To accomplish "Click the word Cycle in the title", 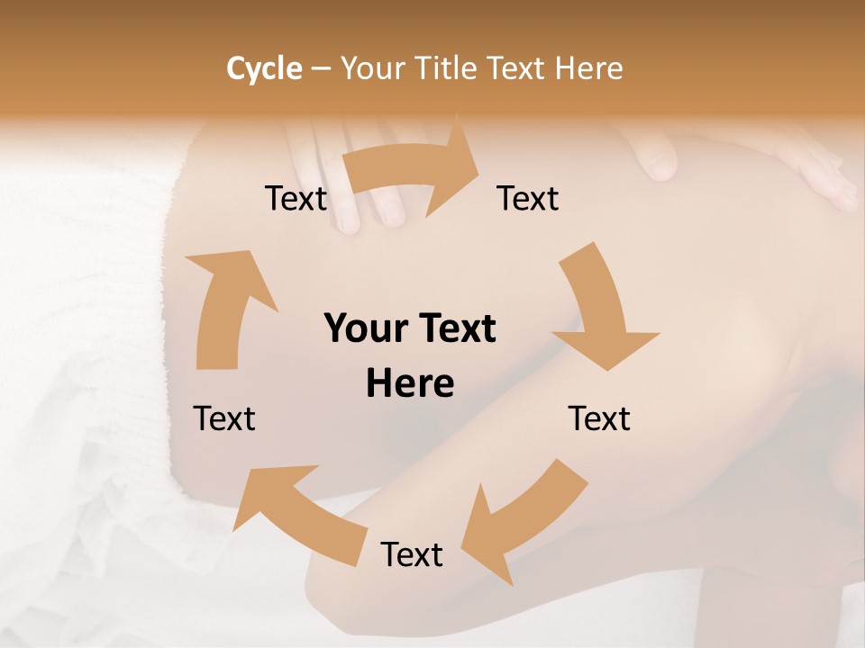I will (264, 68).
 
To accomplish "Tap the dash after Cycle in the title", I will (322, 69).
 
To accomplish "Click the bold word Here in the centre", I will (410, 384).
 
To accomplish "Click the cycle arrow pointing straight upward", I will (224, 306).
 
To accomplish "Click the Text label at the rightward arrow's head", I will (528, 199).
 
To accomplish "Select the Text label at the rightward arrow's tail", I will (296, 199).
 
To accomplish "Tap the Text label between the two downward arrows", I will (599, 418).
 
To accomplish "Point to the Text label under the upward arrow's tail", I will (224, 418).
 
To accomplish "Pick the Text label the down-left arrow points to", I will (412, 554).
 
